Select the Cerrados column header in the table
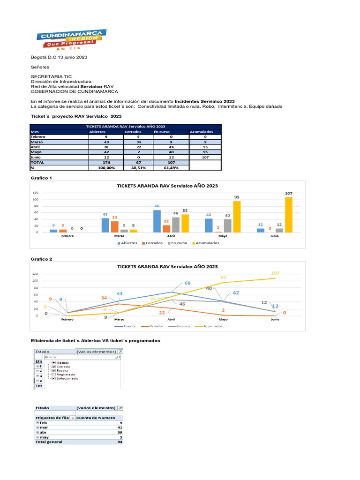132,132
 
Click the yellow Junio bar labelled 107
288,214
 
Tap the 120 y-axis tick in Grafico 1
35,193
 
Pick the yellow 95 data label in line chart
223,277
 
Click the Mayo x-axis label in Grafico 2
223,320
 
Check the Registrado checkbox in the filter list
54,374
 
